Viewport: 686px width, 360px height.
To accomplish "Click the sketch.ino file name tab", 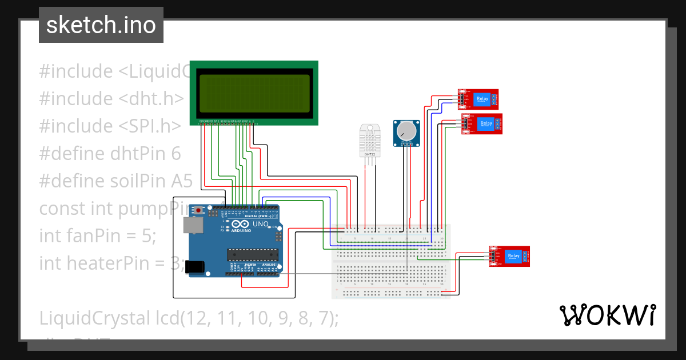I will pos(101,25).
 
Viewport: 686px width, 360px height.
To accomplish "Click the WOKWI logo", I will pos(607,315).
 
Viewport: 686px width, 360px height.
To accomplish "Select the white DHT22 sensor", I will pos(369,139).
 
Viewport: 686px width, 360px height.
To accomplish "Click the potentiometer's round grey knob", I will pos(406,131).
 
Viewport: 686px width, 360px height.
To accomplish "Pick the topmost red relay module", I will pos(478,99).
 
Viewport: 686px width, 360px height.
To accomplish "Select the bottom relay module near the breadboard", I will pos(509,256).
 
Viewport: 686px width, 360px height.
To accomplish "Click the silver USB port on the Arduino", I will pos(192,225).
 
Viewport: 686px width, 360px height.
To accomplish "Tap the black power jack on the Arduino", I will pos(195,265).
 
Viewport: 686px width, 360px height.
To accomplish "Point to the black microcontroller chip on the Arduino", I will pos(252,254).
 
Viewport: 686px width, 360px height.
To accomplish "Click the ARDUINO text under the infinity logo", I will pos(241,231).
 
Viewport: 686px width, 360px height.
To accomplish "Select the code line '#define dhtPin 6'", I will pos(110,154).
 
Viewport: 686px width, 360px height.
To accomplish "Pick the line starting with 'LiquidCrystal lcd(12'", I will pos(189,318).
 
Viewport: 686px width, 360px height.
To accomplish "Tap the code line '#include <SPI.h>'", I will pos(110,126).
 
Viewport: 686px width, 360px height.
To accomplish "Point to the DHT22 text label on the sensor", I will pos(369,154).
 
